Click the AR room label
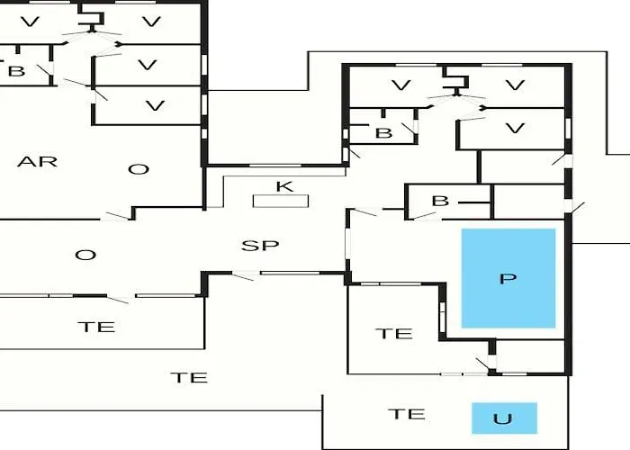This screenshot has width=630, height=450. [38, 162]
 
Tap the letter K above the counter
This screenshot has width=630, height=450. [284, 187]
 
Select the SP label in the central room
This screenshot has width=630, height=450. [260, 246]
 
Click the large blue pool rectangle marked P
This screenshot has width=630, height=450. [508, 278]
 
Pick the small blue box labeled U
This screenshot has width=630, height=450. [504, 418]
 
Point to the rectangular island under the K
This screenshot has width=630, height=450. [281, 201]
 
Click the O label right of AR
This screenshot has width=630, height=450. [139, 169]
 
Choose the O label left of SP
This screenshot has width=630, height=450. [85, 255]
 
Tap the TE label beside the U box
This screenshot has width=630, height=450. [407, 414]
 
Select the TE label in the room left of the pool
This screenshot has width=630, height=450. [394, 334]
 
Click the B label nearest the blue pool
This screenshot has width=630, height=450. [440, 201]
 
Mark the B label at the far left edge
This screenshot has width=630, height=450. [16, 71]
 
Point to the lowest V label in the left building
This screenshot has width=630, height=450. [155, 105]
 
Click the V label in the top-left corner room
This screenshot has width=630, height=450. [30, 22]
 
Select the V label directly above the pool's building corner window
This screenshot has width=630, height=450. [515, 129]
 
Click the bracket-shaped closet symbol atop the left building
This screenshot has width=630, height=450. [92, 18]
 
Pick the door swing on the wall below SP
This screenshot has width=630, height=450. [243, 276]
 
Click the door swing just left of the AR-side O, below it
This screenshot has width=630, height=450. [117, 216]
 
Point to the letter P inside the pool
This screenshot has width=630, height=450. [508, 278]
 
